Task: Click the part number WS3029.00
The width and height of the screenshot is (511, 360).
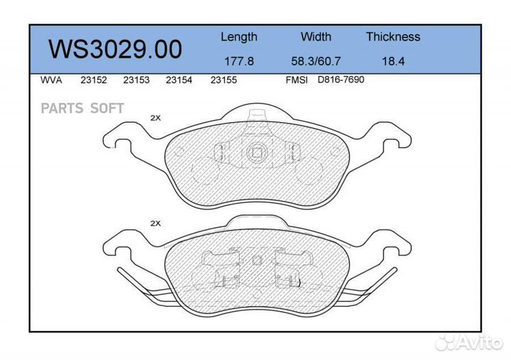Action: (x=114, y=49)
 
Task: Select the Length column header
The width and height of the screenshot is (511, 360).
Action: (x=238, y=37)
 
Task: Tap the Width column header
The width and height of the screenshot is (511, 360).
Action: (x=316, y=37)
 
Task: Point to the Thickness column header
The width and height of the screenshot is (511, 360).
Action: (x=392, y=37)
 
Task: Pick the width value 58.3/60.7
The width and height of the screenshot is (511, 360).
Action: (x=316, y=61)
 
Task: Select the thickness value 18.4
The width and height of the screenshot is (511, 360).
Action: (x=392, y=61)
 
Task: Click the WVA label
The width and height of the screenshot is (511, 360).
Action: (x=52, y=81)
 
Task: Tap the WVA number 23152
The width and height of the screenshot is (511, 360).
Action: (x=93, y=81)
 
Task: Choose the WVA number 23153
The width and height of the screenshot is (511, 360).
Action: (x=136, y=81)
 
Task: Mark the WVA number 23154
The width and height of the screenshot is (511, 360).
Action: (x=178, y=81)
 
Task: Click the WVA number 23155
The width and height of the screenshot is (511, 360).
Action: (x=223, y=81)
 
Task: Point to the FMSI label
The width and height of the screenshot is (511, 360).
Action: (x=296, y=81)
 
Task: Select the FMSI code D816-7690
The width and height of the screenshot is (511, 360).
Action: (x=340, y=80)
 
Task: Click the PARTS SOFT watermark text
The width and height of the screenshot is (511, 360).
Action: (x=82, y=108)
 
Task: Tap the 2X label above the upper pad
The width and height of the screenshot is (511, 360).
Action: (x=155, y=119)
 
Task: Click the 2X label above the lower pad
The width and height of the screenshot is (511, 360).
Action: (x=155, y=223)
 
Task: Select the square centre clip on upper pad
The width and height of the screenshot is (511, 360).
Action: (x=256, y=152)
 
